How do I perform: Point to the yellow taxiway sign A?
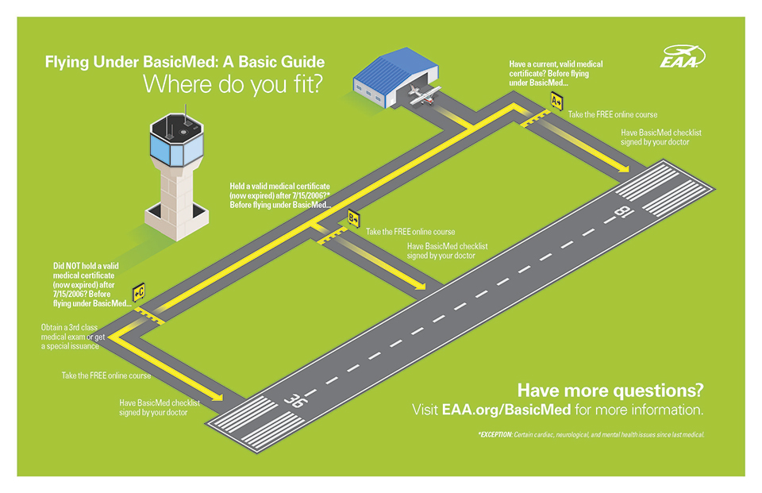pyautogui.click(x=557, y=101)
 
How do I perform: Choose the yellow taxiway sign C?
pyautogui.click(x=138, y=292)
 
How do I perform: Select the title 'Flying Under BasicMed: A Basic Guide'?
pyautogui.click(x=184, y=62)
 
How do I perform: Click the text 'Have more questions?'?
pyautogui.click(x=610, y=391)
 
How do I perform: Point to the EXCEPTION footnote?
pyautogui.click(x=591, y=435)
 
